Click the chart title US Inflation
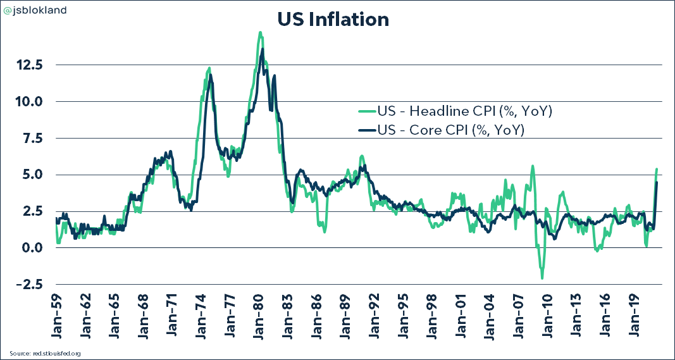[333, 20]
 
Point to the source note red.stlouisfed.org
[45, 353]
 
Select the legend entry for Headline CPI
[464, 112]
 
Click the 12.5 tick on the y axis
[29, 65]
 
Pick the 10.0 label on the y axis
[29, 101]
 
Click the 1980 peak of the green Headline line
[260, 32]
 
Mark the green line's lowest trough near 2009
[542, 278]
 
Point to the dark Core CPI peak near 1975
[211, 75]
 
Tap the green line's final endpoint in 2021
[657, 169]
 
